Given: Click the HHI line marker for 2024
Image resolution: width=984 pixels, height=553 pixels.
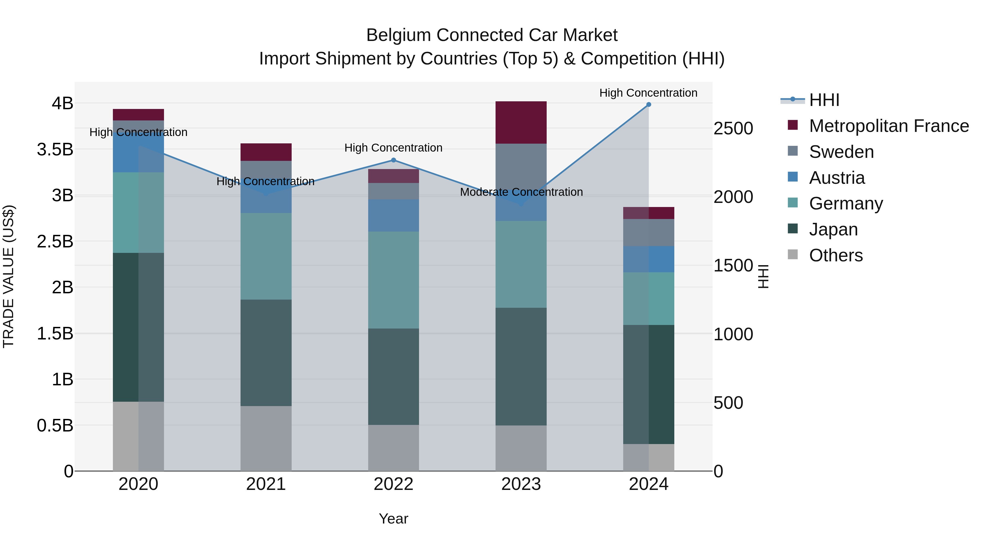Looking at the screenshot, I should (x=648, y=105).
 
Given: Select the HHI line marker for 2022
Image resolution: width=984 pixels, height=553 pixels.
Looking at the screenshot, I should (x=393, y=160).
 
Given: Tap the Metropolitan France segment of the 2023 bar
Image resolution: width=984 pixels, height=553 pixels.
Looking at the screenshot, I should (x=521, y=123).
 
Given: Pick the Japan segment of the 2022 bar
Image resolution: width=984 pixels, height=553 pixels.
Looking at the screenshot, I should (x=393, y=376).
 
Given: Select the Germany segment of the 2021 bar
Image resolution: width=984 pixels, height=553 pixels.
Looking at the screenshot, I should (x=266, y=256).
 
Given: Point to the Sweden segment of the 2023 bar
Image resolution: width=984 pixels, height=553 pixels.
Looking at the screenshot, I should (x=521, y=166).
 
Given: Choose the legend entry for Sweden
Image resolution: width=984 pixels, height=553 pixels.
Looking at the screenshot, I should (x=841, y=152).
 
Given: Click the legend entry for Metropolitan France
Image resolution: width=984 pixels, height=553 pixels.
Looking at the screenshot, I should (x=889, y=126).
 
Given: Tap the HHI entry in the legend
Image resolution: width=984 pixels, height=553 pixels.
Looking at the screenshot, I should (x=824, y=100).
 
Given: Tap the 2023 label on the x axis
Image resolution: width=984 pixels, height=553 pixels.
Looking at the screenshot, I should (x=521, y=484).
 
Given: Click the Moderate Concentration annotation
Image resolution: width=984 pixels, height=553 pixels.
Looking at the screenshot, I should (x=521, y=192).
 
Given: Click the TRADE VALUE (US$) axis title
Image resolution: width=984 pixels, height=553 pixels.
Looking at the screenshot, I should (x=8, y=276).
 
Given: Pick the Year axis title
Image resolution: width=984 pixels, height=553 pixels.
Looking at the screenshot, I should (x=393, y=519).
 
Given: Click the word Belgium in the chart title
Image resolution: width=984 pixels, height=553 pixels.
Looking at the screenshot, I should (x=399, y=35).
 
